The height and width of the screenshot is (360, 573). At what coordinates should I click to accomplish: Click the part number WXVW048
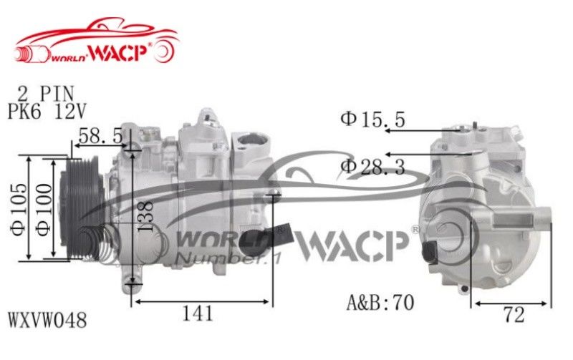(47, 320)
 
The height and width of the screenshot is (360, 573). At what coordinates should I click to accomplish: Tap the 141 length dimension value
(198, 313)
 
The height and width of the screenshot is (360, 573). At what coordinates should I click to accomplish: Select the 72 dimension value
(514, 314)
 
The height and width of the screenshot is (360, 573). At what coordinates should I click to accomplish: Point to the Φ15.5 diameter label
(372, 120)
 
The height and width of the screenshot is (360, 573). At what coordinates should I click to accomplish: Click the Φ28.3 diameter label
(372, 167)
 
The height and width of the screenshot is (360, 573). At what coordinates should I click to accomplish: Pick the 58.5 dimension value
(100, 136)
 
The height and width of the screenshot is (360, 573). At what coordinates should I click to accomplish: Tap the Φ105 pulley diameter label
(19, 209)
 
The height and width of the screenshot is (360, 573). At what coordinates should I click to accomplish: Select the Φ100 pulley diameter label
(44, 210)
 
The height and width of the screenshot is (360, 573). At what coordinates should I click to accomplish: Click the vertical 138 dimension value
(146, 216)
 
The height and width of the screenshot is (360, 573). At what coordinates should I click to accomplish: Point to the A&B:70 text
(380, 302)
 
